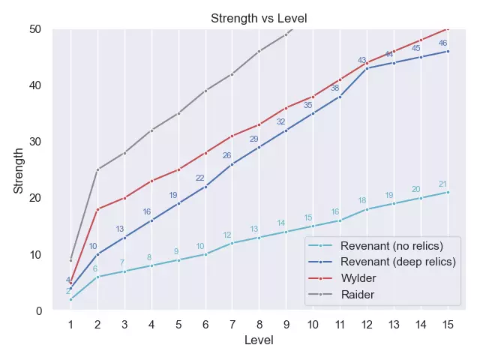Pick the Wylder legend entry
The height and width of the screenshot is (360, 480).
click(x=359, y=278)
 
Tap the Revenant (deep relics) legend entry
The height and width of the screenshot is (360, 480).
click(x=397, y=262)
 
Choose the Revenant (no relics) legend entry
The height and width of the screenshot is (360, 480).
click(x=391, y=245)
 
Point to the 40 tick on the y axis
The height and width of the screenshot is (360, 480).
click(x=35, y=85)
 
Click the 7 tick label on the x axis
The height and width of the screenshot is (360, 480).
click(x=232, y=325)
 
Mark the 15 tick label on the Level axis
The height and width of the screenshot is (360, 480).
click(x=448, y=325)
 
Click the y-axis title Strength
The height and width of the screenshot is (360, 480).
click(x=19, y=170)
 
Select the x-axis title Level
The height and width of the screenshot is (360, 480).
click(x=259, y=340)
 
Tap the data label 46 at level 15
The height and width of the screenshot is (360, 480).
click(x=442, y=43)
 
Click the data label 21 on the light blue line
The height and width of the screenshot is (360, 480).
click(x=442, y=184)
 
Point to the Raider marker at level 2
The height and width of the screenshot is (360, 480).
click(x=97, y=169)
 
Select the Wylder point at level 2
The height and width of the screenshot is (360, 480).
click(x=97, y=209)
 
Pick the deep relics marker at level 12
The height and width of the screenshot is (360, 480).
click(x=367, y=68)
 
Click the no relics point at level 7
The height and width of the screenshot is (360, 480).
click(x=232, y=243)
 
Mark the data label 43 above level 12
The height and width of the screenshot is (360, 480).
click(x=362, y=60)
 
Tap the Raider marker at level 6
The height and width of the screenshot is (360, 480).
click(x=205, y=91)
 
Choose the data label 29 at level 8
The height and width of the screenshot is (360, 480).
click(x=254, y=139)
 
